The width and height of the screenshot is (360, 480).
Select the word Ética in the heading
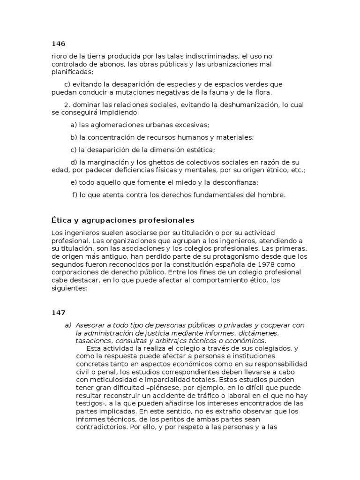(60, 220)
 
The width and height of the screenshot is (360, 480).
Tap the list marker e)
(73, 182)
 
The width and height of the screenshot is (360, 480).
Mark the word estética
(198, 150)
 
